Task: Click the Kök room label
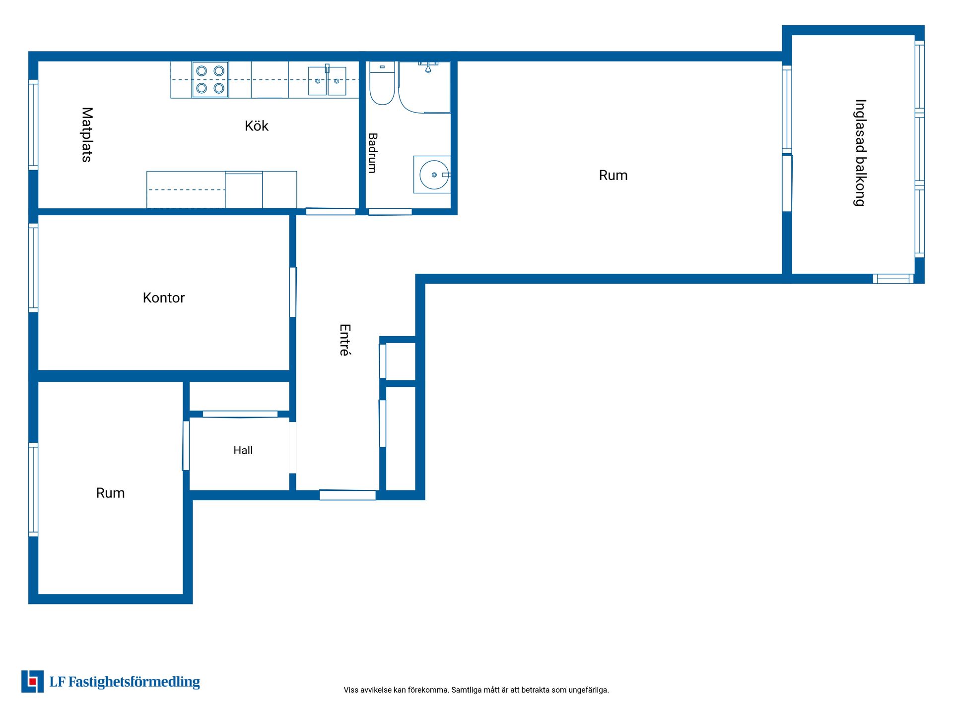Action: [x=256, y=126]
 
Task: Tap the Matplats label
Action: [x=87, y=134]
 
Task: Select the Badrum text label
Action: [x=372, y=153]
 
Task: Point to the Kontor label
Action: [x=163, y=297]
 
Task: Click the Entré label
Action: [x=345, y=340]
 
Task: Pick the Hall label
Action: [x=243, y=450]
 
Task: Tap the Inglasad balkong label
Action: [x=860, y=153]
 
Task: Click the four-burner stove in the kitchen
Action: [x=210, y=79]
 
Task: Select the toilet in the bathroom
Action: [x=382, y=83]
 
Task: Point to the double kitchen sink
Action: [x=327, y=80]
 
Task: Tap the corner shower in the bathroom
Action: [x=424, y=87]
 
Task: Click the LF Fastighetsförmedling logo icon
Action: [x=32, y=681]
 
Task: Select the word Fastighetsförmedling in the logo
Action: [x=134, y=682]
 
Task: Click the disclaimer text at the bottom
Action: [x=476, y=690]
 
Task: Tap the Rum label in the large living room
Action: [x=613, y=175]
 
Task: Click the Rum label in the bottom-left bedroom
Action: [x=110, y=493]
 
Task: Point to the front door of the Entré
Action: [x=347, y=495]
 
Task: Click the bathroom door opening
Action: [x=390, y=212]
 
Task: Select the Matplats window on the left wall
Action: [x=33, y=125]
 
